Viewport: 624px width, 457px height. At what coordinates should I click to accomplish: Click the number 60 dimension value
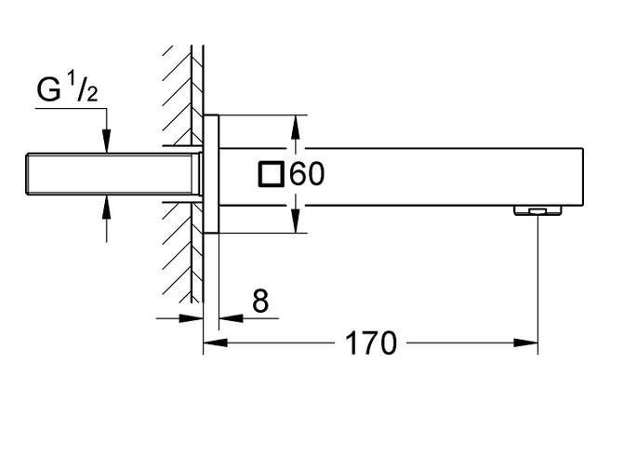point(307,174)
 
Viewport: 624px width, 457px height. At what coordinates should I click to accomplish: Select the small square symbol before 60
point(272,174)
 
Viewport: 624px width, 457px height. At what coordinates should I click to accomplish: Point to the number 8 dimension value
point(259,301)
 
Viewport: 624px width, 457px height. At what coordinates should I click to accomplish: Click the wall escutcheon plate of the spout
point(211,174)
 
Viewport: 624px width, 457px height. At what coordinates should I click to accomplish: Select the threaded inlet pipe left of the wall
point(112,174)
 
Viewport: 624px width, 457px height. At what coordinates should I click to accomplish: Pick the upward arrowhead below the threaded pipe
point(107,204)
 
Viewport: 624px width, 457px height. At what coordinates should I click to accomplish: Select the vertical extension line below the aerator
point(538,279)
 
